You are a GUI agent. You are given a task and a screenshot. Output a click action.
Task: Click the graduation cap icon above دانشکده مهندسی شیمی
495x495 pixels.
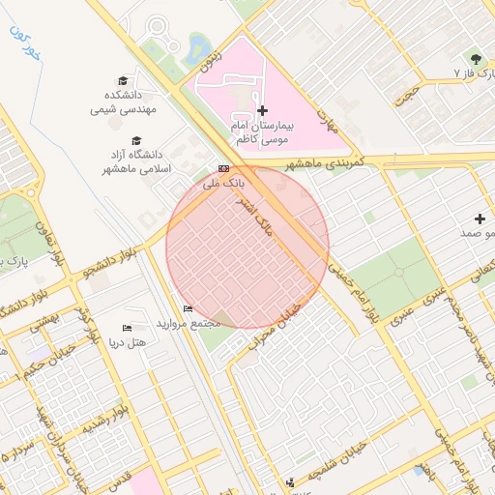pos(123,81)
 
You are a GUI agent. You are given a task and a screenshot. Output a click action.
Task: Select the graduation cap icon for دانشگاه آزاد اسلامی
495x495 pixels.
pos(136,141)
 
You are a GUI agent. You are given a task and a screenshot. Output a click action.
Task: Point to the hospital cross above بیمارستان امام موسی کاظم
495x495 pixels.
pos(262,111)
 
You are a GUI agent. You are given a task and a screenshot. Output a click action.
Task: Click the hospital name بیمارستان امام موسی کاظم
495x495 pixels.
pos(262,133)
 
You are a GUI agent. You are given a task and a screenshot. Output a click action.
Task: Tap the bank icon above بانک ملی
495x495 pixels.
pos(224,168)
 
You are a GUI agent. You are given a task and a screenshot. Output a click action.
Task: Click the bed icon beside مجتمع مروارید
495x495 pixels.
pos(188,309)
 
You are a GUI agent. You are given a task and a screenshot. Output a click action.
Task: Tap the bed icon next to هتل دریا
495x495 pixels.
pos(128,330)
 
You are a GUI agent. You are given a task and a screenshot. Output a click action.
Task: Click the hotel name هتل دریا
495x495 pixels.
pos(128,343)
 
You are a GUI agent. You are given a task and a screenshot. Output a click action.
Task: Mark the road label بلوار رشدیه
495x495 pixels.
pos(101,422)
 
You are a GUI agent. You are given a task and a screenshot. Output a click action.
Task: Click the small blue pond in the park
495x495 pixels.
pos(198,45)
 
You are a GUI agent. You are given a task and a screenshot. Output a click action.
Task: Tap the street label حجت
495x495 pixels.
pos(414,95)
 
